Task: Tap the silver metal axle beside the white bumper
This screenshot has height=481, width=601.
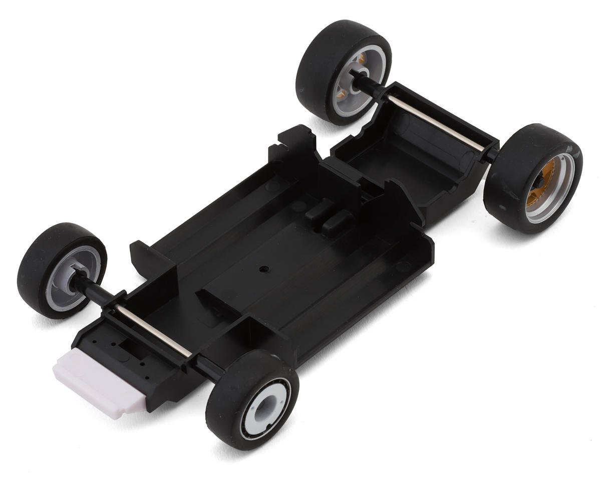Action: pyautogui.click(x=153, y=331)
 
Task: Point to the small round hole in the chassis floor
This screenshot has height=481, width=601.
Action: pyautogui.click(x=261, y=269)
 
